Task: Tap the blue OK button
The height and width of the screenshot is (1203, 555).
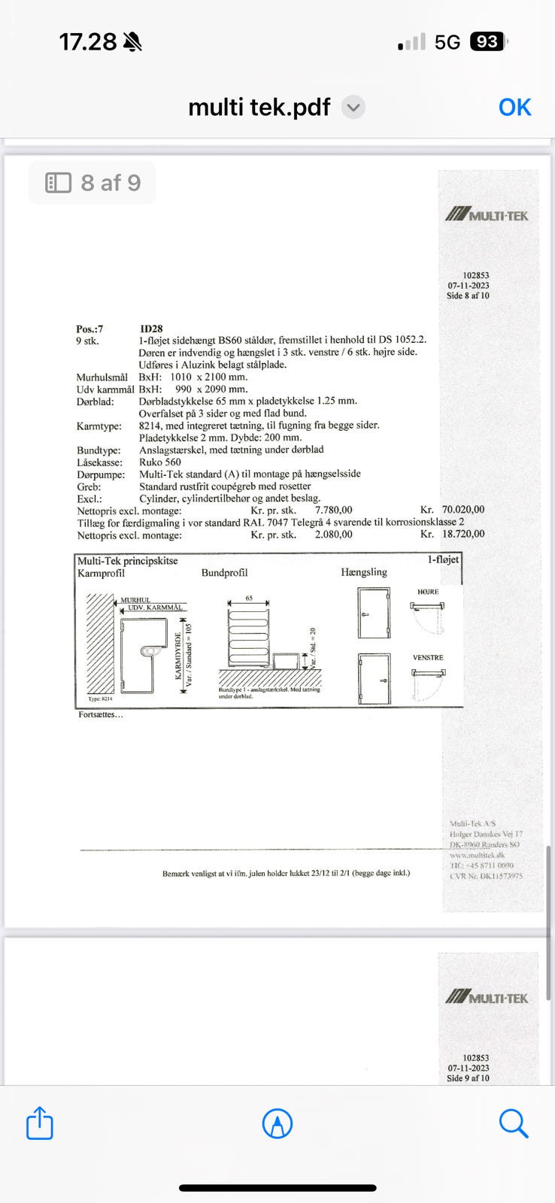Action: (514, 108)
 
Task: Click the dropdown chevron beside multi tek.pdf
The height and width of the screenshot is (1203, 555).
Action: (353, 108)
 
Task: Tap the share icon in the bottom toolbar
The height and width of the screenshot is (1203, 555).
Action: (40, 1124)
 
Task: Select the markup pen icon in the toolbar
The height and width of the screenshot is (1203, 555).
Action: (277, 1124)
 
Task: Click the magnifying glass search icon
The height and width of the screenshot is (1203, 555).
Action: (514, 1124)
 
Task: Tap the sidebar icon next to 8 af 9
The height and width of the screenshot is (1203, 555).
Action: (59, 183)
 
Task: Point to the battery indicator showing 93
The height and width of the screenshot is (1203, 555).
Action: (487, 42)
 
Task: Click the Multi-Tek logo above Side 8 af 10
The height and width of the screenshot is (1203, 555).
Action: (487, 215)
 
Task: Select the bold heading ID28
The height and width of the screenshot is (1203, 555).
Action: (151, 329)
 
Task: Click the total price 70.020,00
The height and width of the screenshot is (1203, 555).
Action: (462, 510)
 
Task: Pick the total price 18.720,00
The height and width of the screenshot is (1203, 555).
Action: (462, 535)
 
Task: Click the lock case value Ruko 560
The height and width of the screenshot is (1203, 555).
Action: (160, 462)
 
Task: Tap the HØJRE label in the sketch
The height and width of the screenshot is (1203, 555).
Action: (428, 592)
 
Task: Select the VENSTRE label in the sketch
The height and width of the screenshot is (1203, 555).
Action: (428, 658)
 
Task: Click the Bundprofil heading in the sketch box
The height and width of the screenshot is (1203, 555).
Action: (224, 573)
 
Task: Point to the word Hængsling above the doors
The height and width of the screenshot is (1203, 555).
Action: (364, 572)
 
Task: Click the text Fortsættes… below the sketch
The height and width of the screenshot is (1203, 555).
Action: (101, 714)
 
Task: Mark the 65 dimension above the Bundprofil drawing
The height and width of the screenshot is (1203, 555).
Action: (249, 598)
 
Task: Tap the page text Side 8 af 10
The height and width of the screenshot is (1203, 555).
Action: (468, 296)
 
